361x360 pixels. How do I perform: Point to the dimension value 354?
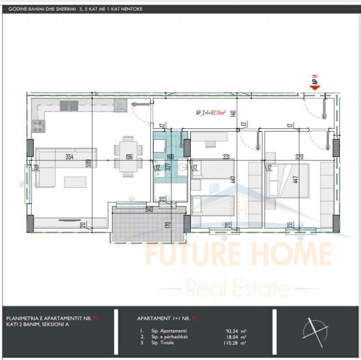tap(69, 157)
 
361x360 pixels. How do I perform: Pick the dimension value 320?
tap(299, 157)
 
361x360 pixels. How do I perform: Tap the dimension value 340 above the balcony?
tap(149, 210)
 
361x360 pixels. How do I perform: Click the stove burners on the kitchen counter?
tap(39, 125)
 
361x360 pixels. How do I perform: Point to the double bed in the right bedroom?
tap(287, 180)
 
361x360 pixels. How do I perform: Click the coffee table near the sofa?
tap(75, 182)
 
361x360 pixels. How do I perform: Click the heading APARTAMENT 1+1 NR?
tap(164, 319)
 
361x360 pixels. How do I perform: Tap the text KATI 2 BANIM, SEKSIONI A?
tap(38, 325)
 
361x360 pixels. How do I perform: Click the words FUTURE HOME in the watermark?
tap(238, 253)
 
